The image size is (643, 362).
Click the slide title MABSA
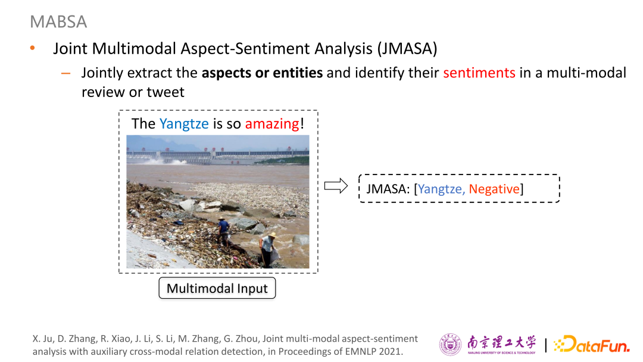coord(58,21)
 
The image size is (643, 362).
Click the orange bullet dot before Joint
coord(32,48)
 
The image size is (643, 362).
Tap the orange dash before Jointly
coord(65,74)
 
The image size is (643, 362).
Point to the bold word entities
coord(298,73)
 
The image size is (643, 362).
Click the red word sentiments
coord(479,73)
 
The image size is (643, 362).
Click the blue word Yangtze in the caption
coord(184,124)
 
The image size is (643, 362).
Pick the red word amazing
coord(272,124)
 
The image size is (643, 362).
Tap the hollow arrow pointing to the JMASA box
coord(336,186)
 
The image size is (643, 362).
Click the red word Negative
coord(494,189)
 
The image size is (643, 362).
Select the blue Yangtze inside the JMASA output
coord(441,189)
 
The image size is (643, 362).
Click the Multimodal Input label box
coord(217,288)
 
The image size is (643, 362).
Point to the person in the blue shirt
coord(223,232)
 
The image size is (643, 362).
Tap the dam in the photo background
coord(217,156)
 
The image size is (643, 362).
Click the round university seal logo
coord(450,344)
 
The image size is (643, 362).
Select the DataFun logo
coord(591,344)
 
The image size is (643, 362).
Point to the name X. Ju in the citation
coord(42,339)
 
